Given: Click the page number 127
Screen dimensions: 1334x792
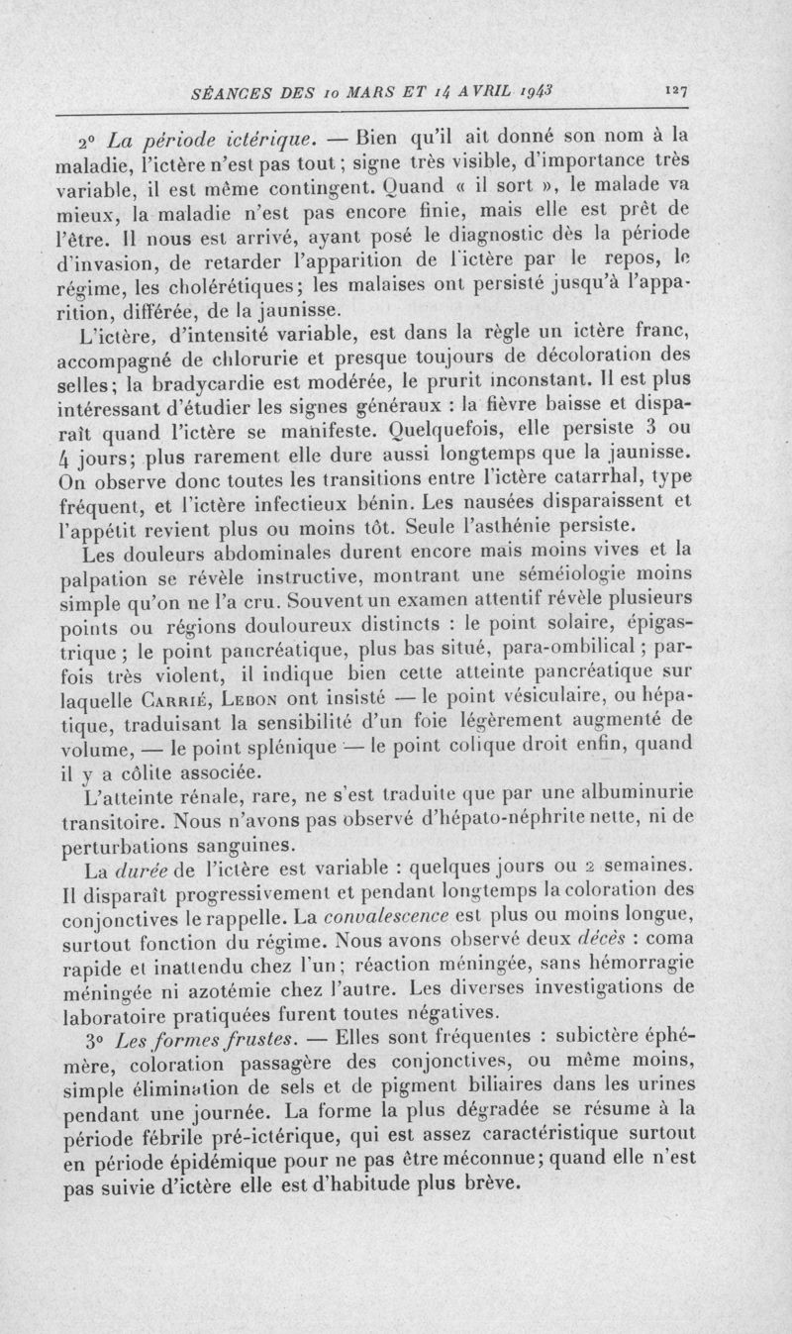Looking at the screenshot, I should pyautogui.click(x=677, y=89).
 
